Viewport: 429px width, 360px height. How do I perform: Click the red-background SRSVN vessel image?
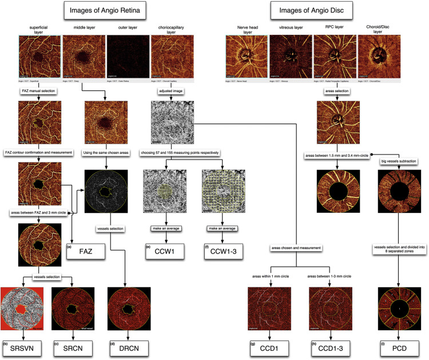pos(22,311)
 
